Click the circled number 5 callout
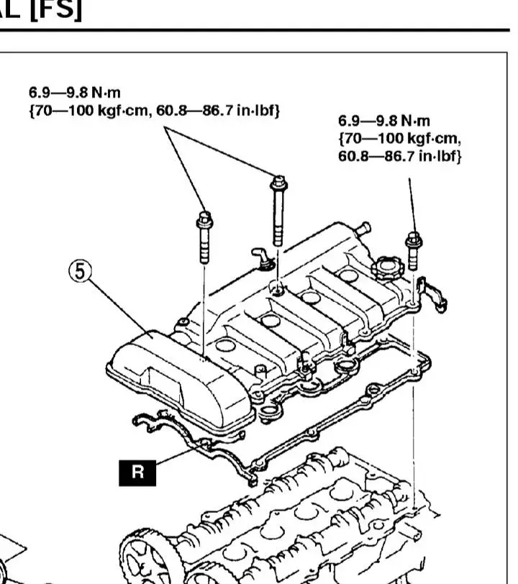(x=81, y=274)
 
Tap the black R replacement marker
(x=137, y=472)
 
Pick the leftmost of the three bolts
(x=204, y=237)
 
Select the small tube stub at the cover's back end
(x=364, y=229)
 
